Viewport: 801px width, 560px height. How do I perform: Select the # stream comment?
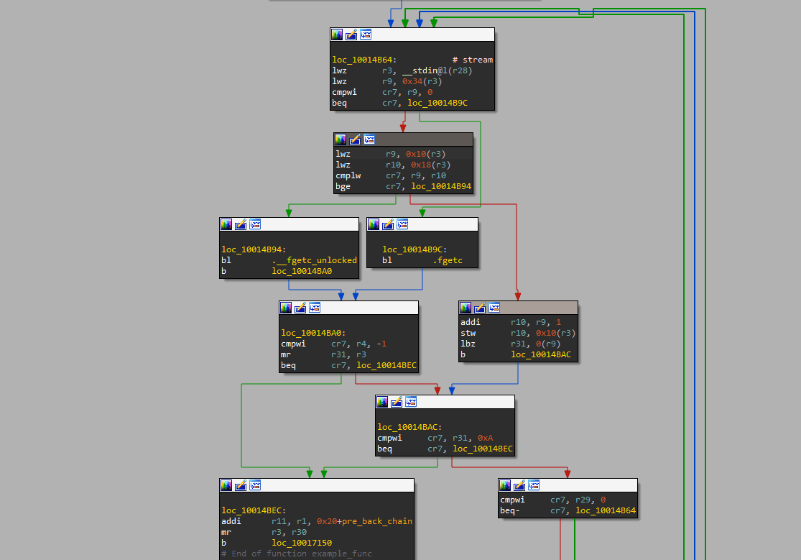473,60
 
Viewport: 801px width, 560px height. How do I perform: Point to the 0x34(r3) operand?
422,81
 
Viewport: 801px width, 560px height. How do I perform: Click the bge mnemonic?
343,186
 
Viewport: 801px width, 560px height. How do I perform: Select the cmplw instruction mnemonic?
348,175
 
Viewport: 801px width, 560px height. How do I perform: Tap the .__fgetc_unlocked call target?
314,260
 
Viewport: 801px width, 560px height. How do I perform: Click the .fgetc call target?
448,260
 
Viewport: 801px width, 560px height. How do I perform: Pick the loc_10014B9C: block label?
415,249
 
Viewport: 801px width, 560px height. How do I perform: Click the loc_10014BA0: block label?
313,333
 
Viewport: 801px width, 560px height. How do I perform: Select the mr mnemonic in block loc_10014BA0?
286,354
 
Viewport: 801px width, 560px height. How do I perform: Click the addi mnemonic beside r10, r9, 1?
470,322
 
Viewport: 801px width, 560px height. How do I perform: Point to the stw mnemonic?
468,333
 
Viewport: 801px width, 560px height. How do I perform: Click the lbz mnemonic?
468,344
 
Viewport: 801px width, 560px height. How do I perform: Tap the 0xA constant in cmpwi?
486,438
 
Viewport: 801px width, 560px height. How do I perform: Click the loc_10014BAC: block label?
409,427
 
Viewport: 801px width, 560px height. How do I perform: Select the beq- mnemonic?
510,510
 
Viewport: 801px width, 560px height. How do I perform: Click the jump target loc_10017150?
302,543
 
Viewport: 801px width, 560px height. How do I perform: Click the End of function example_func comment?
302,554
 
